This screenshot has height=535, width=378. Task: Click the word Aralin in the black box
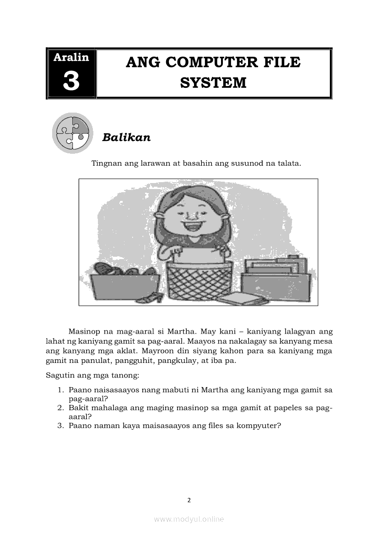tap(71, 58)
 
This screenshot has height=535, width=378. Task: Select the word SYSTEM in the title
tap(213, 83)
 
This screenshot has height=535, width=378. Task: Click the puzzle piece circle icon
tap(72, 133)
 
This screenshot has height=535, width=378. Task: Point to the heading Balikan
tap(126, 137)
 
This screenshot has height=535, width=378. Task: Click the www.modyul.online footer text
tap(189, 519)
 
